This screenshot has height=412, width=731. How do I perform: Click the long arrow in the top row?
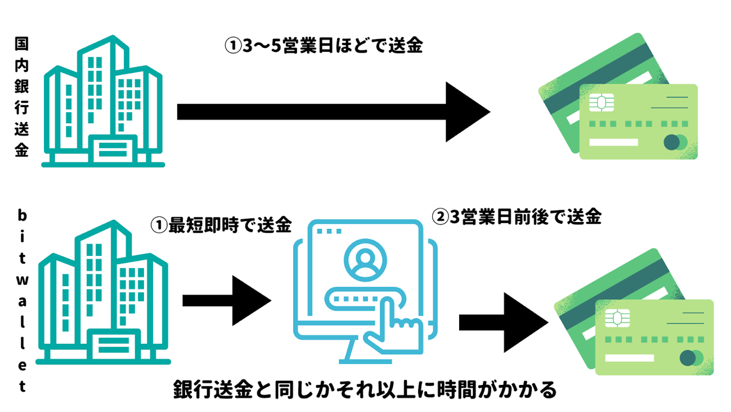tap(332, 112)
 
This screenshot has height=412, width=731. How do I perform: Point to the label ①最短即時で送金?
tap(221, 225)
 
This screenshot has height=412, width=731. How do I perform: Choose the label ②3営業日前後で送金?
tap(516, 216)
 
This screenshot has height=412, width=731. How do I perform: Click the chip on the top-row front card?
tap(600, 104)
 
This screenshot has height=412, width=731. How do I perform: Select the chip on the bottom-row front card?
tap(617, 319)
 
